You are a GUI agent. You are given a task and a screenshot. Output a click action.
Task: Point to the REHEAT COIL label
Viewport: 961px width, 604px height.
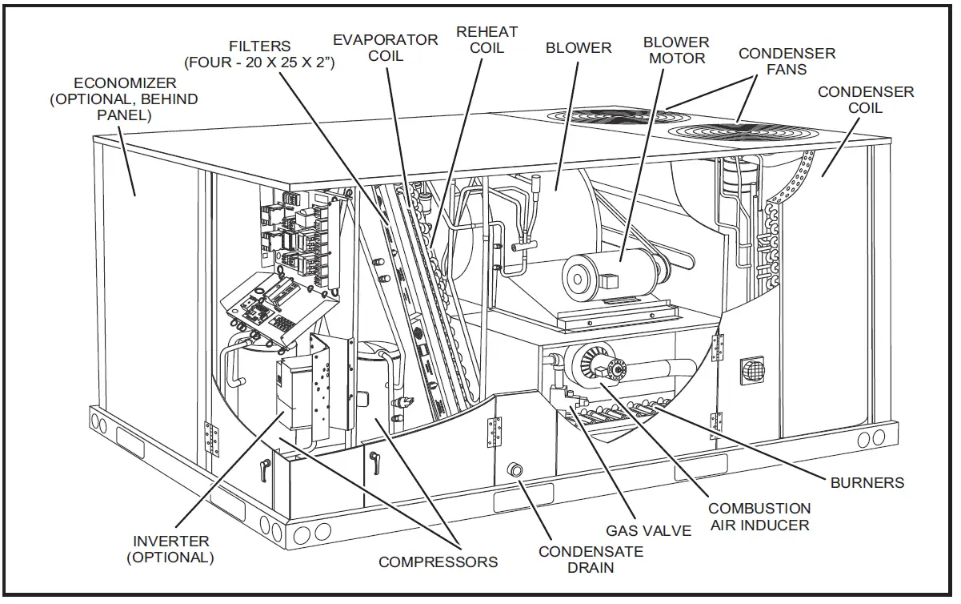487,39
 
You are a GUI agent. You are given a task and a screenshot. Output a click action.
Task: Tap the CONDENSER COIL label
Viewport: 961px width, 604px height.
865,99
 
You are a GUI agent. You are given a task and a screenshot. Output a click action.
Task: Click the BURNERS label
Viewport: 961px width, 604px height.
867,482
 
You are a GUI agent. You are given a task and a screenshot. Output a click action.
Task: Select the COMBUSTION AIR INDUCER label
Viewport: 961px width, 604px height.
759,517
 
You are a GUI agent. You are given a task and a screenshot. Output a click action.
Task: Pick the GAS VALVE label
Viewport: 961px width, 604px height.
648,530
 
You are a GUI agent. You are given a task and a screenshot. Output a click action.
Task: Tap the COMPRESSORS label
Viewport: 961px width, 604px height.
438,562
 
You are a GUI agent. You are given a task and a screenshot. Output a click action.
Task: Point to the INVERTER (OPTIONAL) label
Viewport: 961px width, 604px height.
171,549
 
